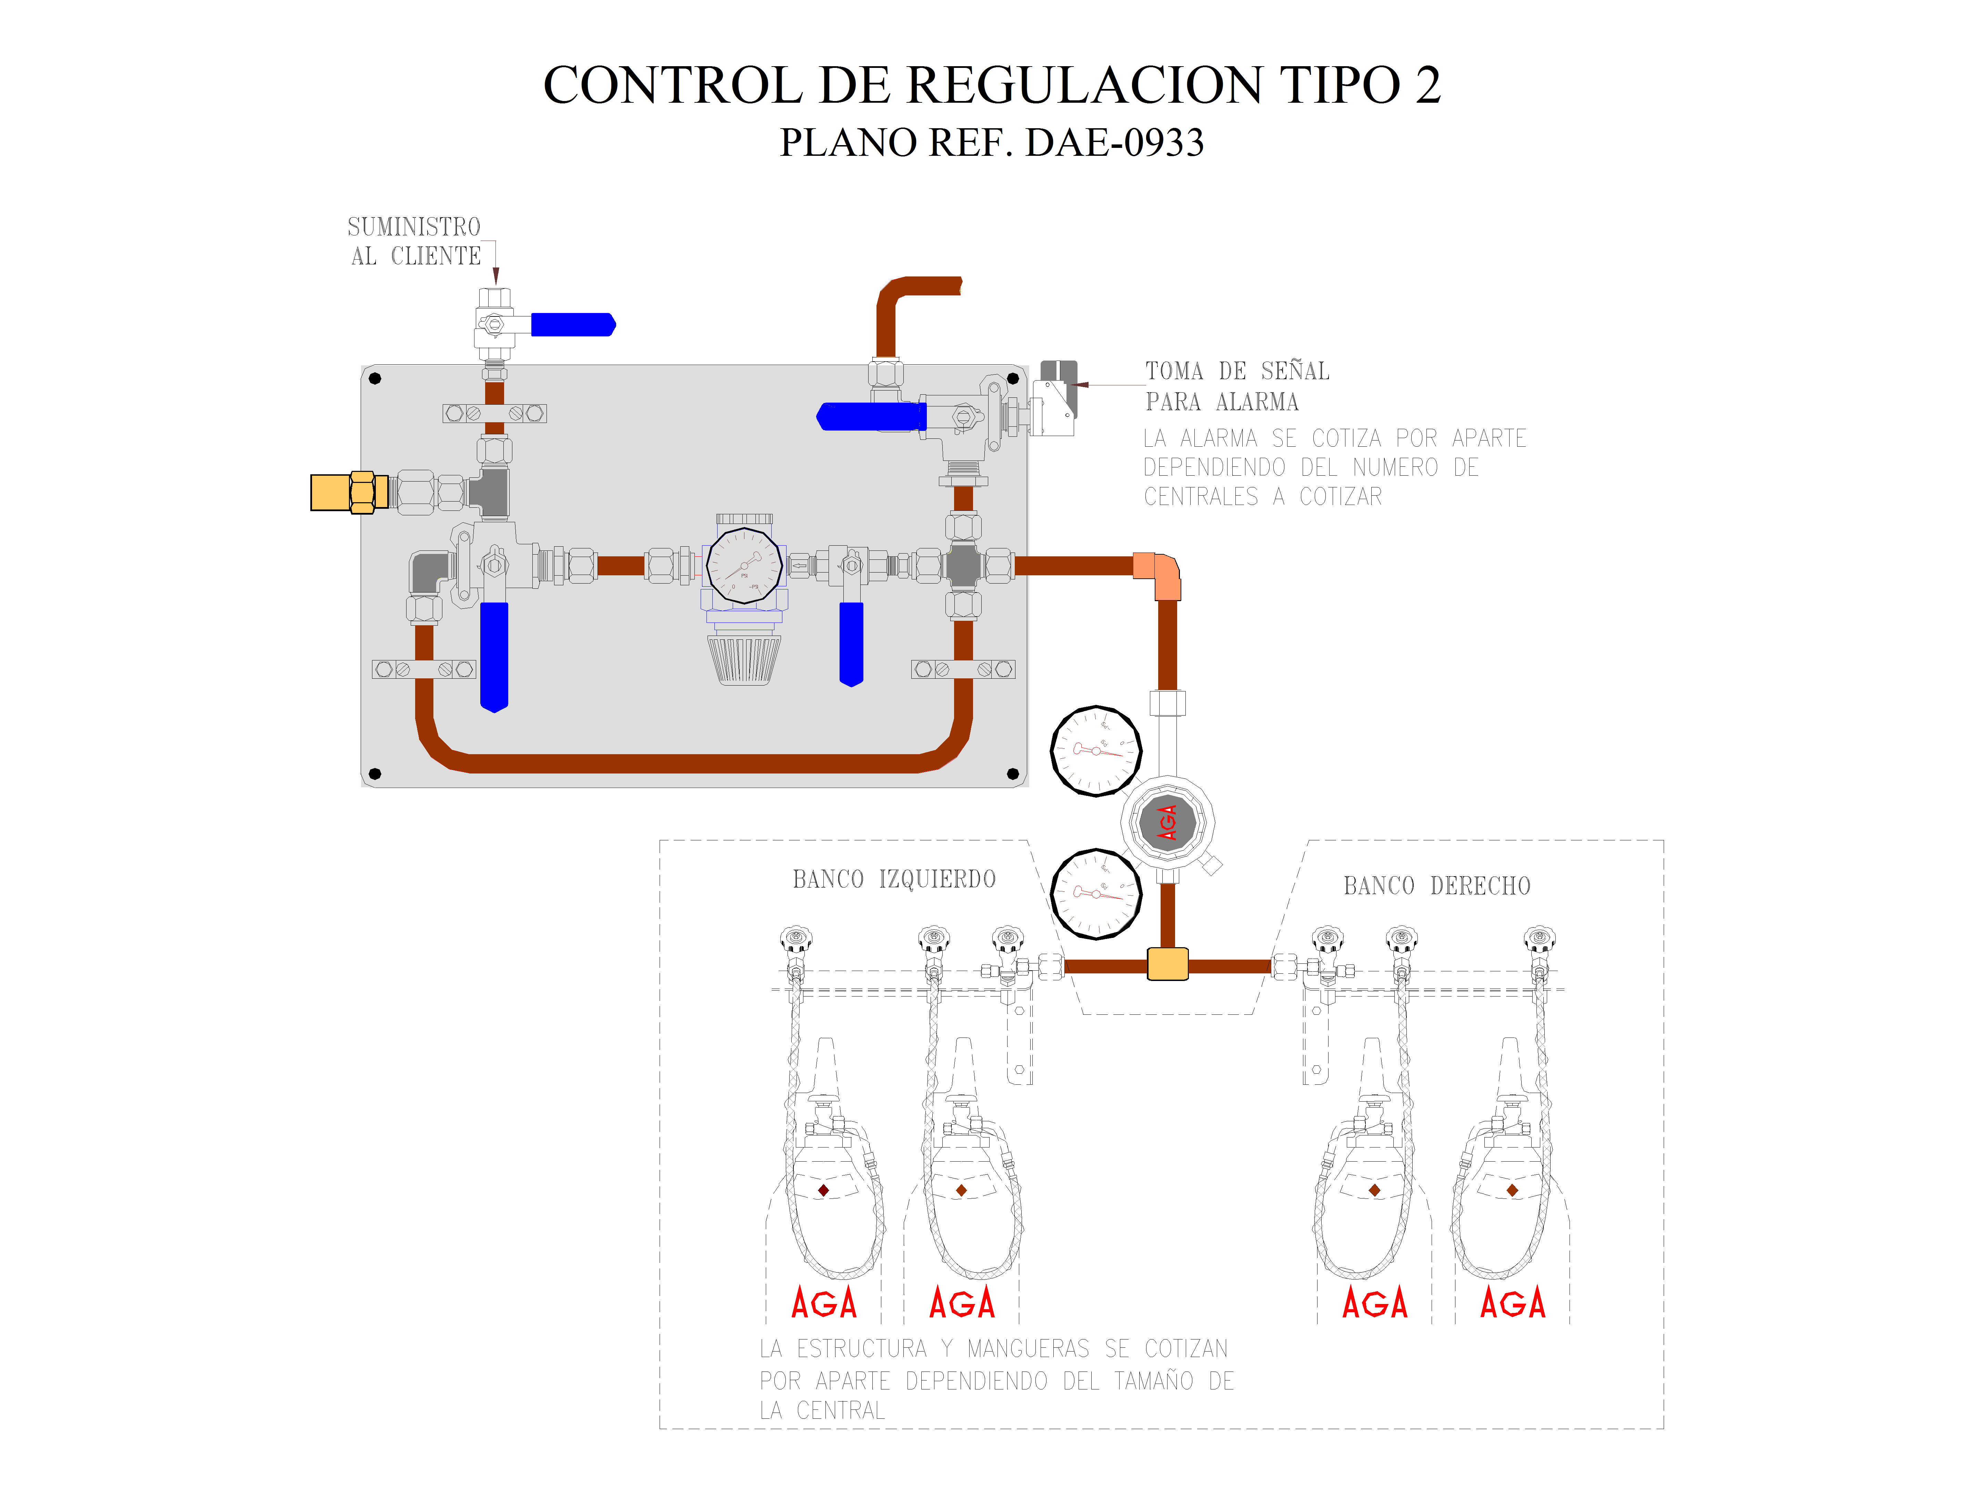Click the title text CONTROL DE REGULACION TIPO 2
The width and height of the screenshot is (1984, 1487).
click(991, 85)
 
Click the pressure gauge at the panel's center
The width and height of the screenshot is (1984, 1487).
click(743, 565)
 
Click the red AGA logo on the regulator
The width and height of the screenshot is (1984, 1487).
click(1167, 821)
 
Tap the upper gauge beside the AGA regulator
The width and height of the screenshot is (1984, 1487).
click(1095, 751)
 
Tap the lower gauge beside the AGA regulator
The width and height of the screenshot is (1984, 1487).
click(1095, 893)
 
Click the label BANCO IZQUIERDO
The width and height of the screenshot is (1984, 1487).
click(893, 879)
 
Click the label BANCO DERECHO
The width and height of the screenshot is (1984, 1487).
click(1436, 886)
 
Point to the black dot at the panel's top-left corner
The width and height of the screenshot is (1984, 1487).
click(375, 378)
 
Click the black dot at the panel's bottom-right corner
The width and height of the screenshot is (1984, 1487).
click(1013, 773)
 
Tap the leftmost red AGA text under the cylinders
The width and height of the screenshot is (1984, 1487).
click(823, 1303)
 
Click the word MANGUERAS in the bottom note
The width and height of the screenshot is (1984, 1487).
click(1028, 1349)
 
